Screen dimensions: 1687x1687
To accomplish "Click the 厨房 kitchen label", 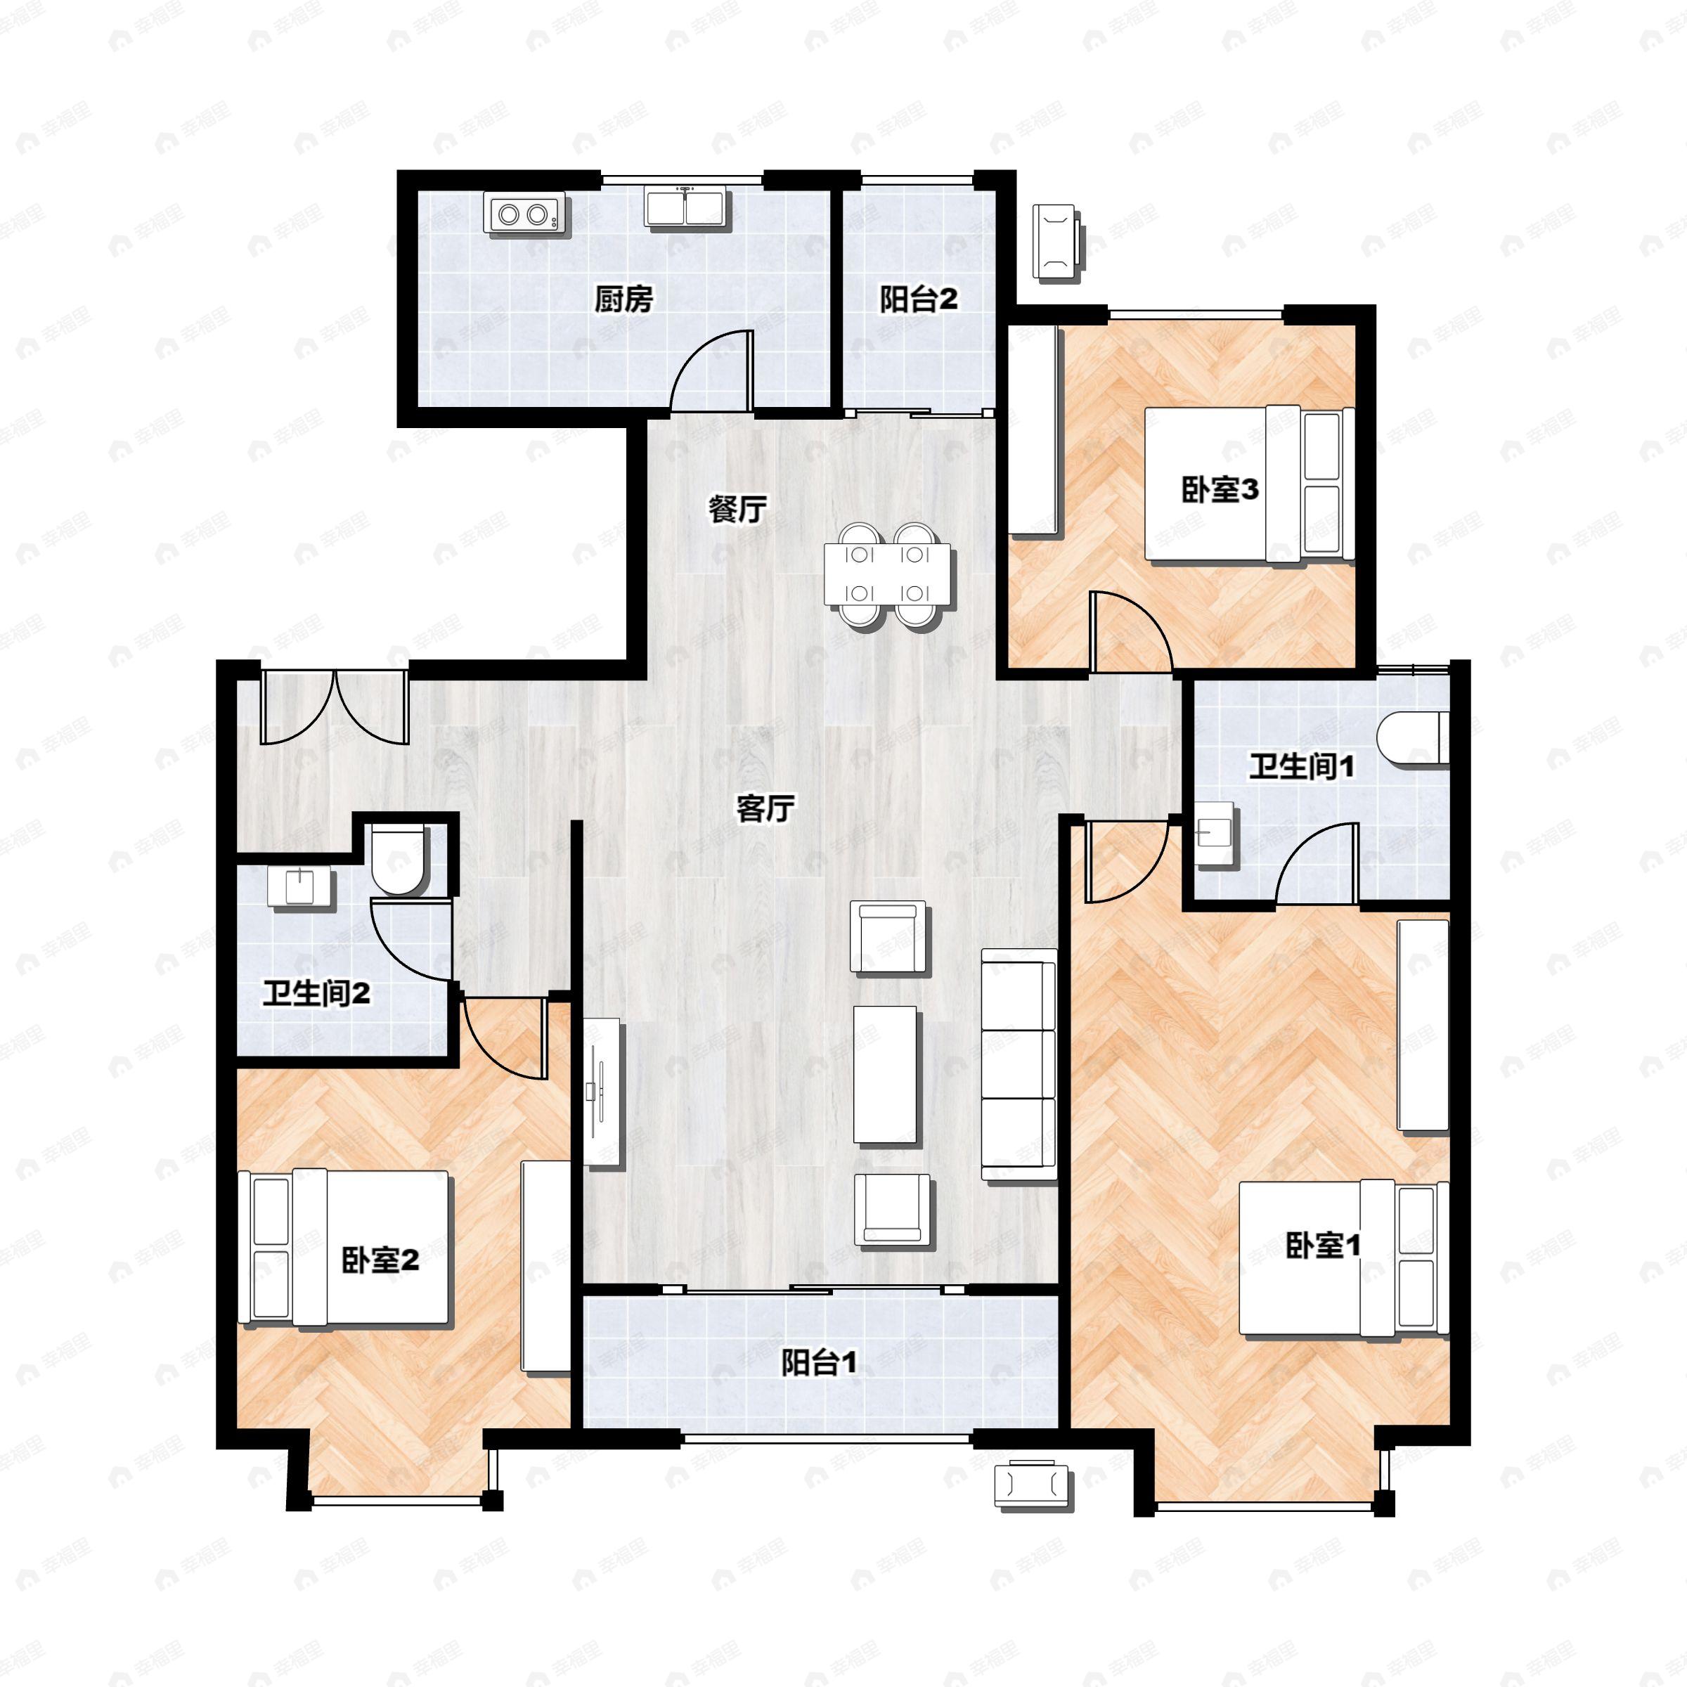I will [x=623, y=299].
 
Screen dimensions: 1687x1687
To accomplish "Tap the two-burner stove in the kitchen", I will [x=526, y=214].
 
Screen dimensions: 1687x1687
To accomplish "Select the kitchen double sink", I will [x=685, y=207].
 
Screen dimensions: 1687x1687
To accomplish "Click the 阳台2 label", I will [x=918, y=299].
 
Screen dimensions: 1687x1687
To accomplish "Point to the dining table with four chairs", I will [x=887, y=574].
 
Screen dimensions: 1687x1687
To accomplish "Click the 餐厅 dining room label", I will [x=737, y=509].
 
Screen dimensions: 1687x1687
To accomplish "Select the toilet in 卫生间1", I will [x=1412, y=739].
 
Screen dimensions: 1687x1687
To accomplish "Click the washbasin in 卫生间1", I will [x=1215, y=834].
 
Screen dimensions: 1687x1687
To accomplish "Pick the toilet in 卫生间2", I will [x=398, y=860].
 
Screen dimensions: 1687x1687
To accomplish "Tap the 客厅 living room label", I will [x=765, y=808].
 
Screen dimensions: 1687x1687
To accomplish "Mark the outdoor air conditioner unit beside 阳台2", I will [x=1056, y=241].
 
